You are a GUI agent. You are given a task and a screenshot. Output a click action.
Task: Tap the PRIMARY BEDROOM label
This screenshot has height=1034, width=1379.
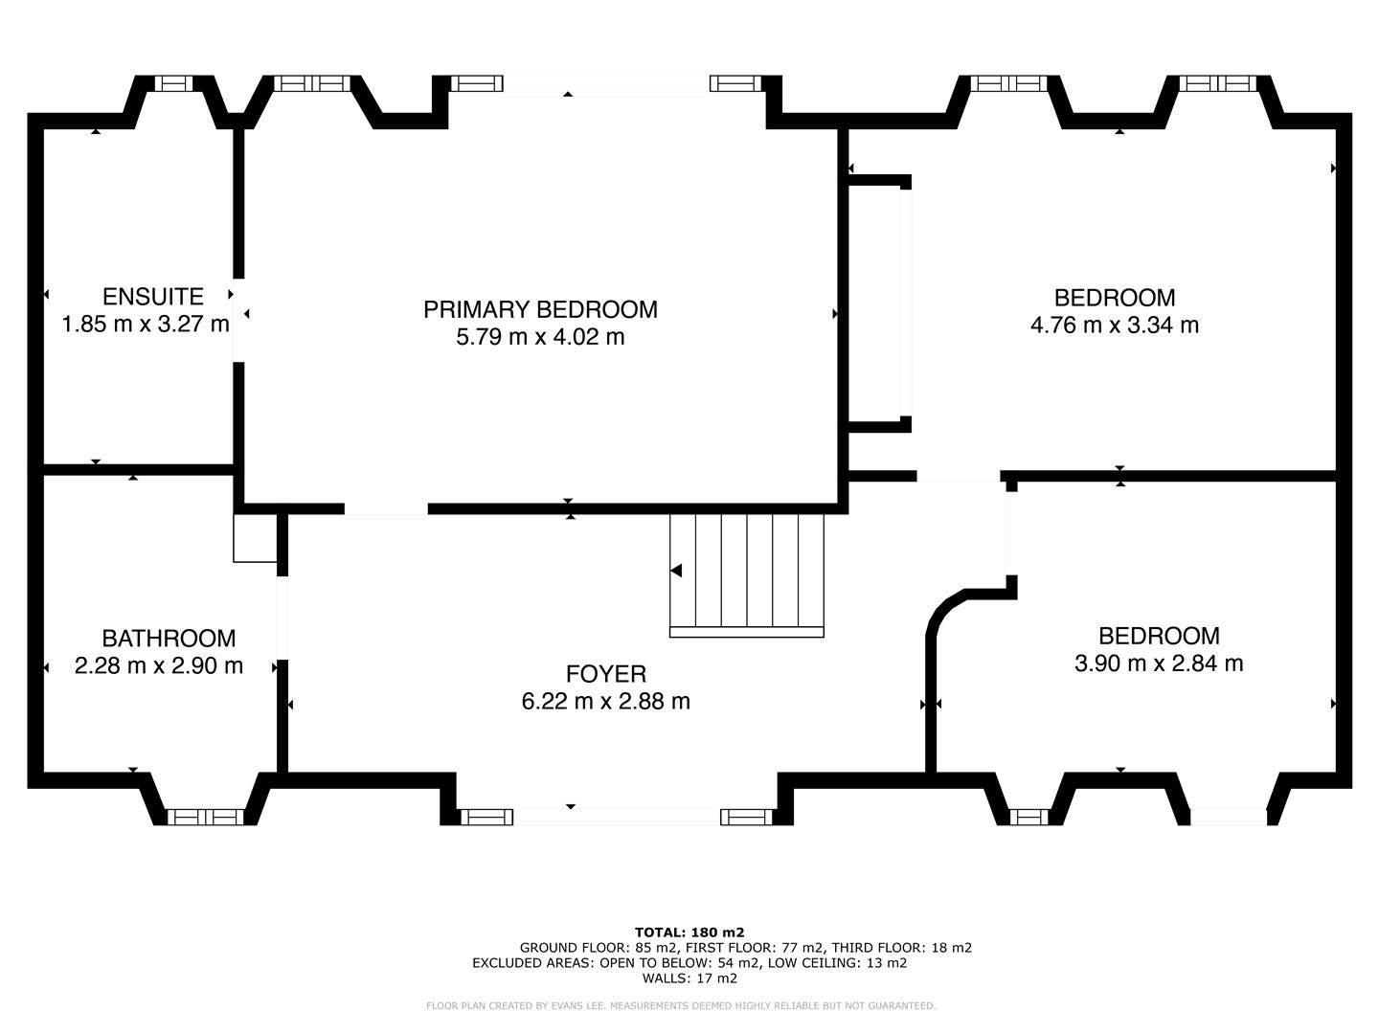540,309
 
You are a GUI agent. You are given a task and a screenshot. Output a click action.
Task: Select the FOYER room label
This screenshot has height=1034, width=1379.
605,674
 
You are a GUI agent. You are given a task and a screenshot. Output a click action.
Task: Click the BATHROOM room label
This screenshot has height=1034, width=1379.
169,639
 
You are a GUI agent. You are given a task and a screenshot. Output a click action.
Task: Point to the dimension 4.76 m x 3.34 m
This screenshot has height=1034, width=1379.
1114,326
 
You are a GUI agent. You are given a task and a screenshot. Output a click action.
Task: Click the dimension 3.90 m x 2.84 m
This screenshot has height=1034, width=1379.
1159,663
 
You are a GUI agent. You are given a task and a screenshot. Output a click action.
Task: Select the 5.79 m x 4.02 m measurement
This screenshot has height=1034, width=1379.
540,337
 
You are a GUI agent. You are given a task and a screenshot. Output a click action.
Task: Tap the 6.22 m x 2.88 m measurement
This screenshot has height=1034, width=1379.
605,702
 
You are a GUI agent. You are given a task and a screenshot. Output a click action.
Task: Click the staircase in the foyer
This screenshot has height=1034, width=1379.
746,574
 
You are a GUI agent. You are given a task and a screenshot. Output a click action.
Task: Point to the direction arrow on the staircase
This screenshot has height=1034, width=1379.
676,571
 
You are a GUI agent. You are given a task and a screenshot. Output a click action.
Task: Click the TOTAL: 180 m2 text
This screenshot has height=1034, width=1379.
689,932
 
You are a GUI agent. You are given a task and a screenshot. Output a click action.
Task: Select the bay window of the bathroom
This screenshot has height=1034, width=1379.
205,816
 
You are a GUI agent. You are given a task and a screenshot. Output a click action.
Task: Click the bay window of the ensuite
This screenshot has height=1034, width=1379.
173,84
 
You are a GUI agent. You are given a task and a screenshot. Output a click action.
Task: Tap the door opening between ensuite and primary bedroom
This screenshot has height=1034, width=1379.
237,321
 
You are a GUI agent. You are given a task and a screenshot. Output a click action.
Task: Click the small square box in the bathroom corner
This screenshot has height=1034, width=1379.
255,538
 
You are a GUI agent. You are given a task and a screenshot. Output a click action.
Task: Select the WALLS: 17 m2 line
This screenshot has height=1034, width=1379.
689,978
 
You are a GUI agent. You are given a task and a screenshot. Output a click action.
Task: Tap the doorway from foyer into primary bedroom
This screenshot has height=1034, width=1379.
386,509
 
